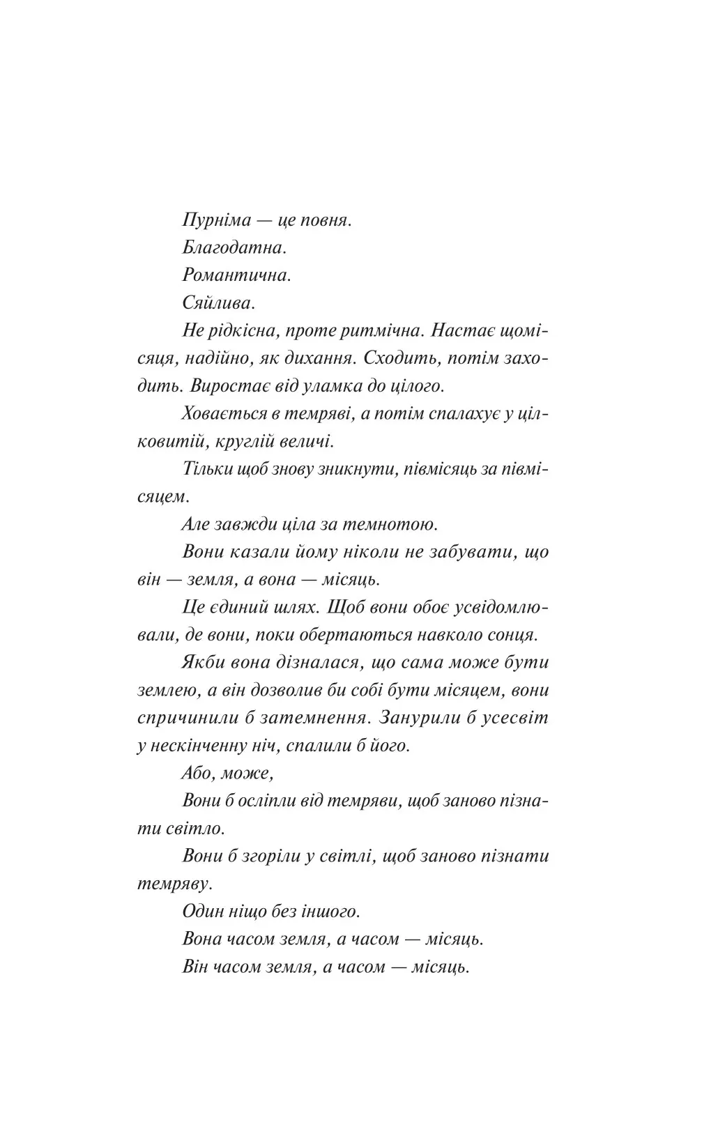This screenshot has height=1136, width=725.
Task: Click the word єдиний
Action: pos(244,608)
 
